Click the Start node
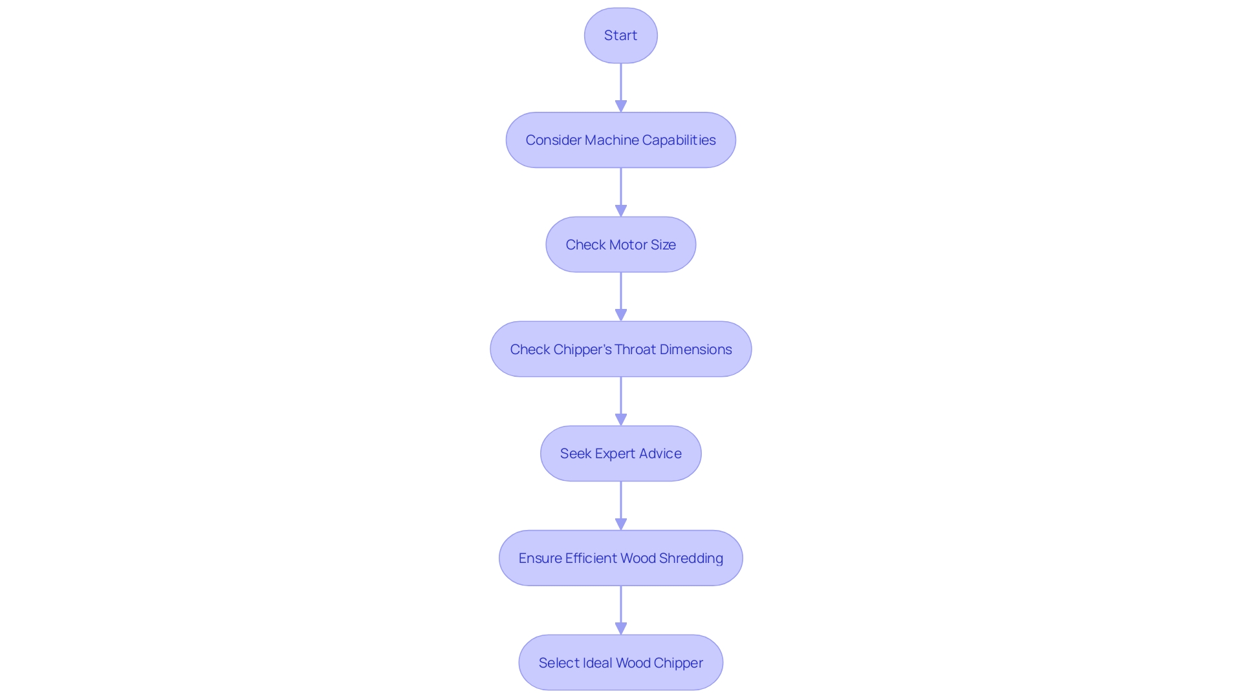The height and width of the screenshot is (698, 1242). click(x=620, y=36)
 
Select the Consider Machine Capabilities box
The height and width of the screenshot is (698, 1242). click(x=620, y=140)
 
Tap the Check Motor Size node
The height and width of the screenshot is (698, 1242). click(x=620, y=244)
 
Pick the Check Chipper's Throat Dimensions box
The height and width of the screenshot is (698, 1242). click(x=620, y=349)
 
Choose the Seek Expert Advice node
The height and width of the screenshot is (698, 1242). click(x=620, y=454)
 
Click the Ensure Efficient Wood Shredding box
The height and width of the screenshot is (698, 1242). click(x=620, y=558)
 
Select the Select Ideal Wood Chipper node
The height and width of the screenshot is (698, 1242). click(x=620, y=662)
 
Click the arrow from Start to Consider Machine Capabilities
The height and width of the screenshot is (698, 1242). click(x=621, y=87)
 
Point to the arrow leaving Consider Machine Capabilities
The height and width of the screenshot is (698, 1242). click(x=621, y=192)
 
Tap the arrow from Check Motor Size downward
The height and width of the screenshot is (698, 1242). click(x=621, y=297)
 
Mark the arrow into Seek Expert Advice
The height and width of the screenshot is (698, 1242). click(x=621, y=401)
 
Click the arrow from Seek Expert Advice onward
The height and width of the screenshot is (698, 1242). click(x=621, y=505)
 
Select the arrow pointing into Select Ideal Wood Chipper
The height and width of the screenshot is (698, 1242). click(x=621, y=610)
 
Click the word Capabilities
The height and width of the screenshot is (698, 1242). click(x=679, y=140)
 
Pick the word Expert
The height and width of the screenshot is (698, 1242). click(x=615, y=454)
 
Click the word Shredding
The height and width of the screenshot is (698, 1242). click(x=691, y=558)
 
